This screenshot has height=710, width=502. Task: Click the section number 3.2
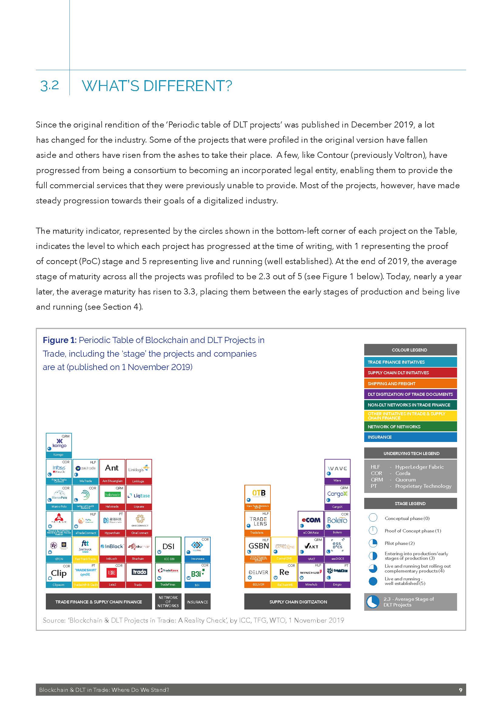click(49, 86)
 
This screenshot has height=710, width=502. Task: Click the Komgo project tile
click(59, 445)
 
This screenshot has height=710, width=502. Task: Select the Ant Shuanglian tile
click(112, 471)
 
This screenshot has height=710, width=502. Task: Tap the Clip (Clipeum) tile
click(59, 575)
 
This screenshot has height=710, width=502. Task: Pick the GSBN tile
click(257, 549)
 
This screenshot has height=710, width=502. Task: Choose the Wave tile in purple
click(337, 471)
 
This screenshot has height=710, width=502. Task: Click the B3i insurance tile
click(197, 575)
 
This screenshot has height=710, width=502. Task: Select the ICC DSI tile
click(168, 549)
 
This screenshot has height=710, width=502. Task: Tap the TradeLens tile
click(257, 523)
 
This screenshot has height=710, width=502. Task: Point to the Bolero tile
click(337, 523)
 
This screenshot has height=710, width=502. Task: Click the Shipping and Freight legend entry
click(410, 383)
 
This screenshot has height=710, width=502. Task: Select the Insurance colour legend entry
click(410, 437)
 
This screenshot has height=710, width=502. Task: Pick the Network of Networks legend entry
click(410, 426)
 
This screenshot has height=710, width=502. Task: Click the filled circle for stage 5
click(373, 581)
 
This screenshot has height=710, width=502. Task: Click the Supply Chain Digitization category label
click(297, 602)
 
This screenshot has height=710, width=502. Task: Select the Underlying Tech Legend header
click(410, 453)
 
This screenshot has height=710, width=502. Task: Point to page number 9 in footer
click(461, 690)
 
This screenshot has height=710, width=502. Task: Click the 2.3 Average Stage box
click(410, 602)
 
